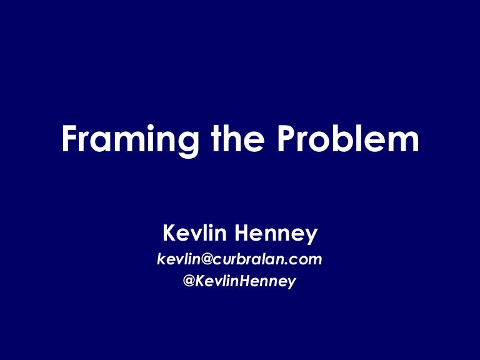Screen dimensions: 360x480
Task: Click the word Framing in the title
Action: pyautogui.click(x=123, y=140)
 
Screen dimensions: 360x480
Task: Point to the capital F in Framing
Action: pyautogui.click(x=70, y=139)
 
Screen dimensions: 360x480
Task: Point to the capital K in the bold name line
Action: pyautogui.click(x=169, y=234)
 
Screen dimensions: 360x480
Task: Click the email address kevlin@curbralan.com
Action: pyautogui.click(x=240, y=259)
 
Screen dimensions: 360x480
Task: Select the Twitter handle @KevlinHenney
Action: pyautogui.click(x=240, y=282)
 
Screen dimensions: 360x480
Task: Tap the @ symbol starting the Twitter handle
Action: pyautogui.click(x=189, y=282)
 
